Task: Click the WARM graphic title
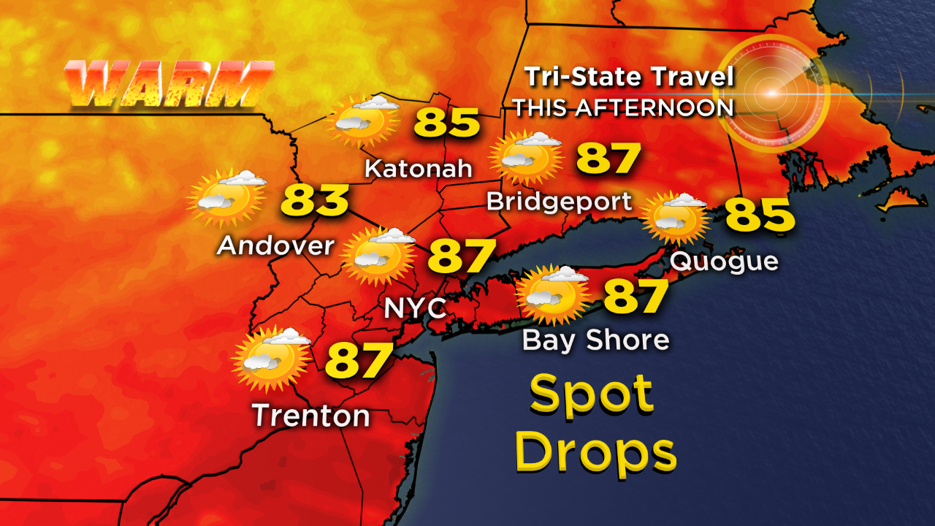click(x=168, y=84)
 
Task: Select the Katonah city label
click(x=419, y=169)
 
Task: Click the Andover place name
click(x=275, y=245)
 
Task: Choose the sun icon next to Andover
click(x=226, y=198)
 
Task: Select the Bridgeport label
click(x=560, y=201)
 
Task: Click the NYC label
click(x=415, y=308)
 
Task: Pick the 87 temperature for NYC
click(x=461, y=256)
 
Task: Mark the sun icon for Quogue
click(x=674, y=217)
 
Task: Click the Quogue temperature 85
click(x=759, y=216)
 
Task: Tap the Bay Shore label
click(x=595, y=340)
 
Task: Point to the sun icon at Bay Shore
click(x=552, y=294)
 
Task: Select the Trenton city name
click(x=311, y=416)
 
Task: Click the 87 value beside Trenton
click(x=359, y=359)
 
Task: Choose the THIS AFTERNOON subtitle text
click(x=622, y=107)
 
